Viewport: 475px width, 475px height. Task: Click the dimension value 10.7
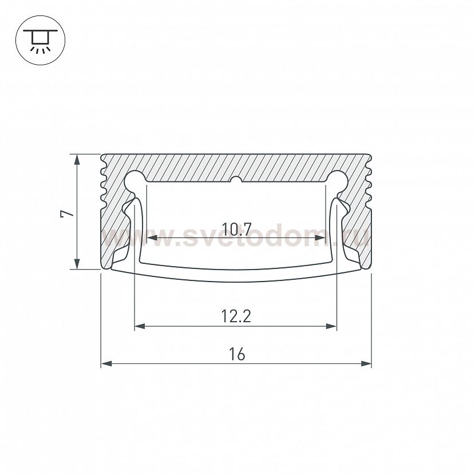coord(236,229)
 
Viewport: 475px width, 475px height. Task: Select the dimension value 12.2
coord(236,316)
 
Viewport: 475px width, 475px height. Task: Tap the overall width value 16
coord(236,354)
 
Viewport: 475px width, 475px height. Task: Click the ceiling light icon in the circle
coord(40,41)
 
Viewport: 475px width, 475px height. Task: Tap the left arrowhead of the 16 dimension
coord(106,363)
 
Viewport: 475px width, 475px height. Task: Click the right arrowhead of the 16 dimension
coord(366,363)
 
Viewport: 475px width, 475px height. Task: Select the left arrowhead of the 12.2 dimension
coord(140,326)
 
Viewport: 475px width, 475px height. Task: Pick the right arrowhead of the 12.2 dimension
coord(331,326)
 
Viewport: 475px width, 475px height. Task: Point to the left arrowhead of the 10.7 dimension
coord(152,238)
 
